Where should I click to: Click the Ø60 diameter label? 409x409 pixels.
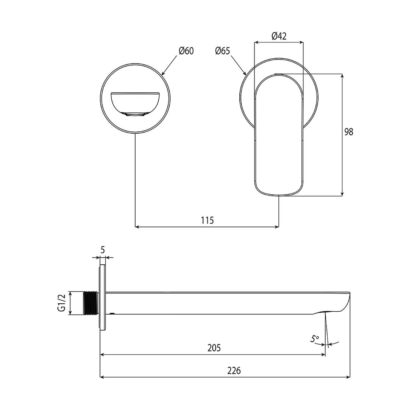point(186,51)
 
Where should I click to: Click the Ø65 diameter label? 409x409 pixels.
point(222,51)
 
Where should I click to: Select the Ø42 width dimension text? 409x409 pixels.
point(279,36)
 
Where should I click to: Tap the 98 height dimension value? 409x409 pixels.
point(349,132)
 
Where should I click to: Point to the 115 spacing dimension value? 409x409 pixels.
point(207,220)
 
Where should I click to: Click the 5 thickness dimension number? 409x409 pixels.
point(103,250)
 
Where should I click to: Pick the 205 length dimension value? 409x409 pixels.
point(214,348)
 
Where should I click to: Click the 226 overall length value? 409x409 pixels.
point(234,370)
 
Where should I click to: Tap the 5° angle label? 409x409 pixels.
point(315,339)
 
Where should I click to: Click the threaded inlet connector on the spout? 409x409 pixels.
point(91,303)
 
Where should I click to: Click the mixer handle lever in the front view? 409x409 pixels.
point(279,136)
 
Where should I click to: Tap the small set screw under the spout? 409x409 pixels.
point(112,314)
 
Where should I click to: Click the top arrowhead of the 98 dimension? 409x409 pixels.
point(342,76)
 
